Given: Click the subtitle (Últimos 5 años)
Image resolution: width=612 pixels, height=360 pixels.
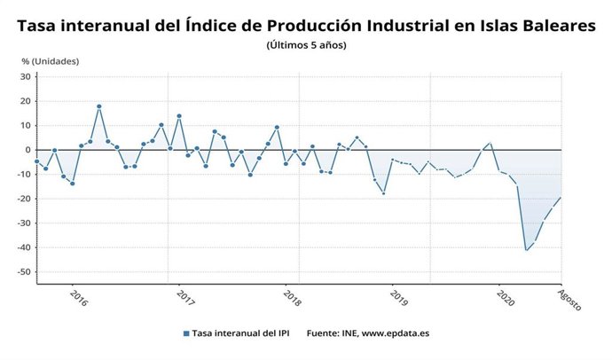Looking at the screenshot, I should (x=306, y=45).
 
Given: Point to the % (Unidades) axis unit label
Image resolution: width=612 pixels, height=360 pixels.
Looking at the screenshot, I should (x=50, y=61).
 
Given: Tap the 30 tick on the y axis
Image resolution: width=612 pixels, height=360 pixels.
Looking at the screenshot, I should (x=27, y=76).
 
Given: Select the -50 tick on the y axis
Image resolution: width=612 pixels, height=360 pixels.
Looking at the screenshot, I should (x=24, y=271).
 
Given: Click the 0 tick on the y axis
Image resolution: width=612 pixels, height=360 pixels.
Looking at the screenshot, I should (x=29, y=150).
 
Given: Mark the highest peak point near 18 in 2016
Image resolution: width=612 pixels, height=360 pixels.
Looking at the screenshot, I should (x=99, y=106).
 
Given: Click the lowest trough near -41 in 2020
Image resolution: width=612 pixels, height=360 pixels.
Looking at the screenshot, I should (x=527, y=250).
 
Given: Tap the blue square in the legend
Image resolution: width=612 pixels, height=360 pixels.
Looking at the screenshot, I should (x=186, y=334).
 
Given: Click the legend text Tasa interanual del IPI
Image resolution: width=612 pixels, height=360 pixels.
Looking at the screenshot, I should (x=243, y=334).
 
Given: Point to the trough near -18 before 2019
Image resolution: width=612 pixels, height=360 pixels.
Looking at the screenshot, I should (x=383, y=193).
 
